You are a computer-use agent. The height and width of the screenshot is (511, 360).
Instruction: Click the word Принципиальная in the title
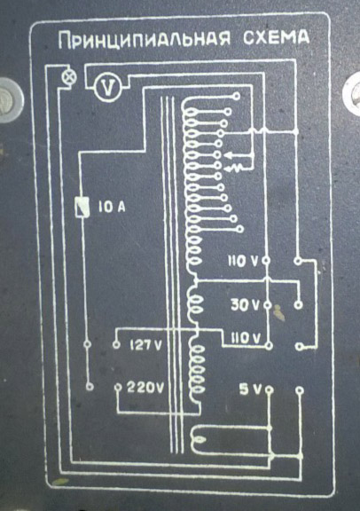pyautogui.click(x=145, y=40)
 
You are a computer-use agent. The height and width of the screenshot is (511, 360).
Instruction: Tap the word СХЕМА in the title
pyautogui.click(x=277, y=37)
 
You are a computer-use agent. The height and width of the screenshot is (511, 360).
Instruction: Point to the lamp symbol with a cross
pyautogui.click(x=69, y=77)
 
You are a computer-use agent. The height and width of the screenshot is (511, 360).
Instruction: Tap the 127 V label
pyautogui.click(x=145, y=345)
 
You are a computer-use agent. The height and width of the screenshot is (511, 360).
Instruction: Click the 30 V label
pyautogui.click(x=245, y=305)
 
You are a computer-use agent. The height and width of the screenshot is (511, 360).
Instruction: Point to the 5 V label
pyautogui.click(x=250, y=389)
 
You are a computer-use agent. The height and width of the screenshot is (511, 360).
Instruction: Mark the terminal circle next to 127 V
pyautogui.click(x=116, y=345)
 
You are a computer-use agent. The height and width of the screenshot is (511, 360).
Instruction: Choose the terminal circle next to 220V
pyautogui.click(x=119, y=388)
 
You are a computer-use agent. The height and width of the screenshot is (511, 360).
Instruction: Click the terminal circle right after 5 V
pyautogui.click(x=270, y=389)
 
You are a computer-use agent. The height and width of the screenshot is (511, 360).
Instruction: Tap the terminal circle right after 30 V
pyautogui.click(x=268, y=305)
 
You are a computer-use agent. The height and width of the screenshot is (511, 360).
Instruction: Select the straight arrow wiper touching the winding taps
pyautogui.click(x=239, y=155)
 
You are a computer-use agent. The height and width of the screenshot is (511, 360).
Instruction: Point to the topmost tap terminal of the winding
pyautogui.click(x=237, y=96)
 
